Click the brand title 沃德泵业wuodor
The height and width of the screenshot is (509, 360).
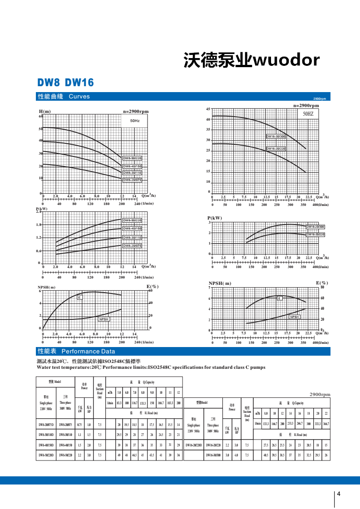(x=252, y=60)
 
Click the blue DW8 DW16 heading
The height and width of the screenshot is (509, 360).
(x=65, y=83)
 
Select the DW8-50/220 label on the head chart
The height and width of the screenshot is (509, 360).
(x=133, y=158)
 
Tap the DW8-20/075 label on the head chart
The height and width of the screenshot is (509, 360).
(x=133, y=180)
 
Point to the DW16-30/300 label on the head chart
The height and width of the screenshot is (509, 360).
(x=276, y=136)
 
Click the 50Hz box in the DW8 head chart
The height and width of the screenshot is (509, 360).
(x=135, y=121)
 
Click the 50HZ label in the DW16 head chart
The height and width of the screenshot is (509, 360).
(x=308, y=114)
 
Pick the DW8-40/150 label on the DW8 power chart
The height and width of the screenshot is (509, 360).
(x=133, y=229)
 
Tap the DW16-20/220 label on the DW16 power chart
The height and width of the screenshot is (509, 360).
(x=316, y=234)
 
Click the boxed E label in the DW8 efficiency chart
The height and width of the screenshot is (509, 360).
(x=79, y=297)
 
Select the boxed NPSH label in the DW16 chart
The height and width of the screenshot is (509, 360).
(x=295, y=317)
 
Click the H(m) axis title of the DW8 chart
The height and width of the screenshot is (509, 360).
(x=44, y=112)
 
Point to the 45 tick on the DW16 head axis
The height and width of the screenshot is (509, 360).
(x=208, y=109)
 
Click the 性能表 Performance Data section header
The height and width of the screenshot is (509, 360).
(x=76, y=352)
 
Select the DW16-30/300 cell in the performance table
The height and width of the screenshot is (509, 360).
(x=213, y=455)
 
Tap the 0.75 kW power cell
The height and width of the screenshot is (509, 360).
(x=79, y=425)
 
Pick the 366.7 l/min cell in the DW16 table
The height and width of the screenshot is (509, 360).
(x=325, y=423)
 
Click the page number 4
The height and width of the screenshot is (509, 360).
(x=339, y=494)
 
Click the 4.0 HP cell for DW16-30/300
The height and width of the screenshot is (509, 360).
(x=236, y=455)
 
